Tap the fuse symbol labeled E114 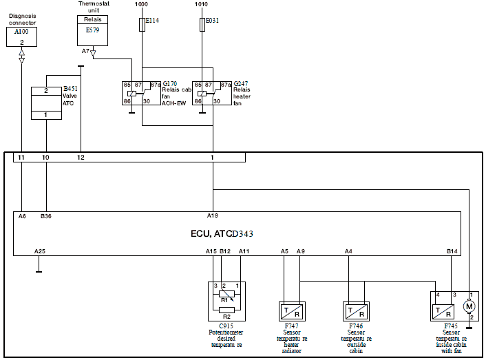tap(142, 25)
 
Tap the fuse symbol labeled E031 tap(201, 25)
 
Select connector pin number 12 tap(81, 158)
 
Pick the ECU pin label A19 tap(213, 215)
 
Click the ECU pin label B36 tap(46, 215)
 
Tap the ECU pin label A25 tap(39, 251)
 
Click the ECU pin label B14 tap(452, 251)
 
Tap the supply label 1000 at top tap(141, 4)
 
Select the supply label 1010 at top tap(201, 4)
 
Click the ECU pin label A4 tap(348, 251)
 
